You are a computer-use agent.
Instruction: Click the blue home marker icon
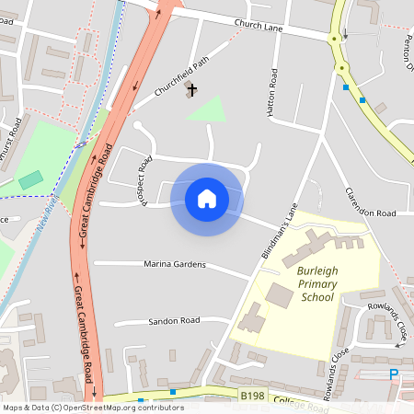[207, 199]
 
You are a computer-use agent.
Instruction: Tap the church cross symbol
[192, 89]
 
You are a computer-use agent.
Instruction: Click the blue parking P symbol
[394, 374]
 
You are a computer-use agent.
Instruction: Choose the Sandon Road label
[174, 321]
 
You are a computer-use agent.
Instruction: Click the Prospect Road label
[144, 179]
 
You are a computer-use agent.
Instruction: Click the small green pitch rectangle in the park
[30, 179]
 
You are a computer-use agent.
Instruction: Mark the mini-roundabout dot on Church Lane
[341, 67]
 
